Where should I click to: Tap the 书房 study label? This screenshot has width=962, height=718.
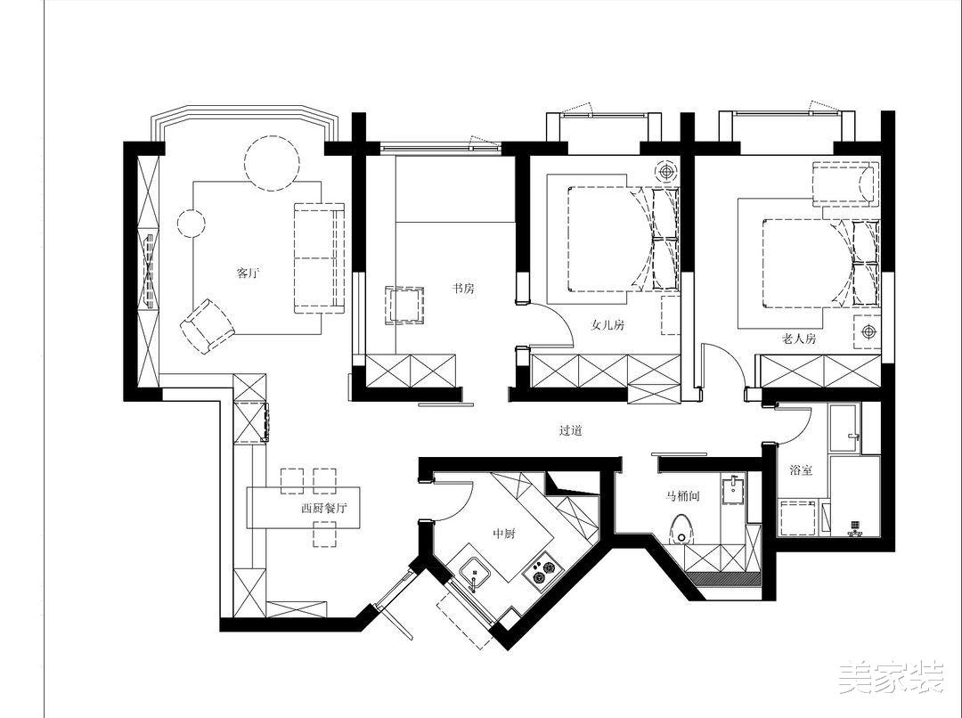[463, 288]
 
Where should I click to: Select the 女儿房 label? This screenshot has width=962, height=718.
[608, 324]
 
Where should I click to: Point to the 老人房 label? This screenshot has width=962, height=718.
[799, 339]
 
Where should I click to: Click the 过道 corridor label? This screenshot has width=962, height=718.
[570, 430]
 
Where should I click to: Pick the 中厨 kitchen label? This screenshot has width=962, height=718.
[504, 534]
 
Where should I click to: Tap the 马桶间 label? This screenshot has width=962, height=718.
[683, 496]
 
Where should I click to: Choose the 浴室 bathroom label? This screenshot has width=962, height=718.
[802, 470]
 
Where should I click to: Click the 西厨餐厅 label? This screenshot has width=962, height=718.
[324, 508]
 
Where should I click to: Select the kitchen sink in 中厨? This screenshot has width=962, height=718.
[474, 573]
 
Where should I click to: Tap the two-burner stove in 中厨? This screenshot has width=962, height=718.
[539, 570]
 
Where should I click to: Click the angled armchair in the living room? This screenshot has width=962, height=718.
[208, 325]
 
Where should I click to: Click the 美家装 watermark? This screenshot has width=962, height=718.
[892, 678]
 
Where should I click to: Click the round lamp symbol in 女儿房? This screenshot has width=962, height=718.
[666, 171]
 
